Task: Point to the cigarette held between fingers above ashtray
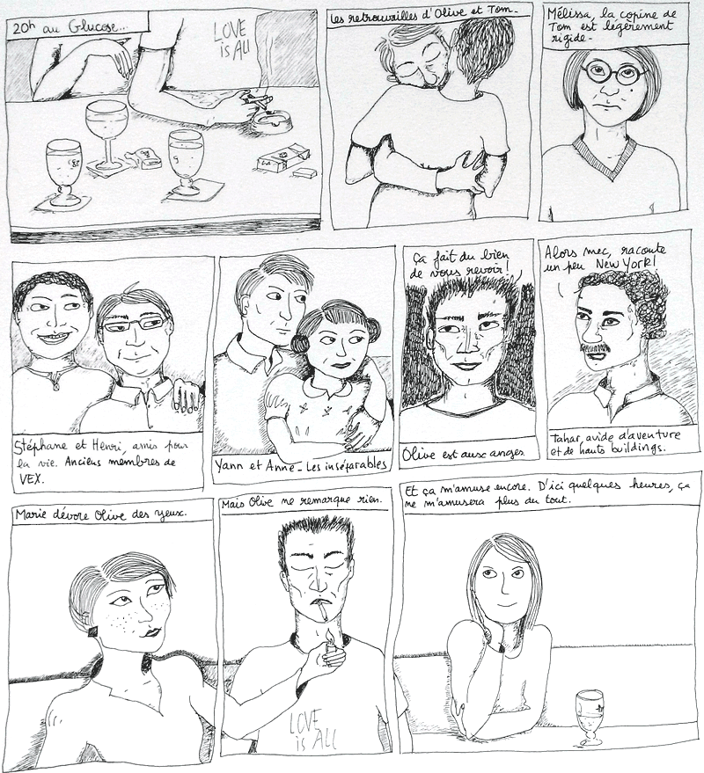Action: click(x=257, y=101)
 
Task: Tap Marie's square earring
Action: click(x=93, y=631)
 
